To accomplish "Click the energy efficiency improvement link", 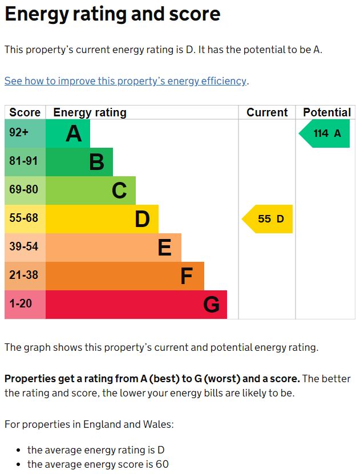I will tap(126, 81).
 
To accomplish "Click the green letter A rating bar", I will tap(67, 133).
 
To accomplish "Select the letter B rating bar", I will tap(79, 162).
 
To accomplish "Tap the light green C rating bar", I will tap(90, 191).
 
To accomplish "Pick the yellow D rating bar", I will tap(102, 219).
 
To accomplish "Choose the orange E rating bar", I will tap(113, 248).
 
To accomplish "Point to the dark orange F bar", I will tap(124, 276).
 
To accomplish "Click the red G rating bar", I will tap(136, 305).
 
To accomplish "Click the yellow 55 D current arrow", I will tap(268, 219).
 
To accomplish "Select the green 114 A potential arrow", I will tap(325, 133).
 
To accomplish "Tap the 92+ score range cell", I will tap(25, 133).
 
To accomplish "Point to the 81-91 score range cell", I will tap(25, 162).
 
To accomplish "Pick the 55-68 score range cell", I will tap(25, 219).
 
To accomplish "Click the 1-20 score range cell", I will tap(25, 305).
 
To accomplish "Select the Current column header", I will tap(267, 112).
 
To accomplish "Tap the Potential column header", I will tap(326, 112).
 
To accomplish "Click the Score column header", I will tap(25, 112).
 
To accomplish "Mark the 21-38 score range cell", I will tap(25, 276).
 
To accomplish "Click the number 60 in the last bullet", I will tap(162, 464).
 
